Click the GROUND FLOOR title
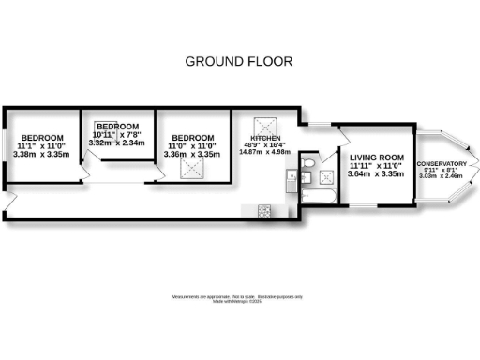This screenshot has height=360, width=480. pos(239,62)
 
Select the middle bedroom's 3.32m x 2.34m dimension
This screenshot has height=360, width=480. pos(118,143)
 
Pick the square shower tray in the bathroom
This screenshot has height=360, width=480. pos(327,177)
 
